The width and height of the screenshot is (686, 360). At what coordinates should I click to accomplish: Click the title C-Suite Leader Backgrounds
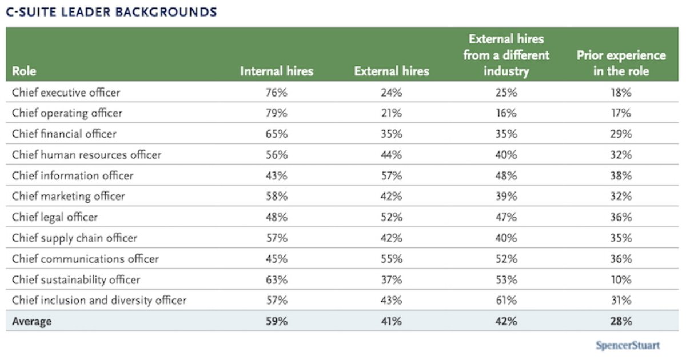[111, 11]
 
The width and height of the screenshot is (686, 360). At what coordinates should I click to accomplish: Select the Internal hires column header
[277, 71]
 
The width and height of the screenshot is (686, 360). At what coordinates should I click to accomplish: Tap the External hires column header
[391, 71]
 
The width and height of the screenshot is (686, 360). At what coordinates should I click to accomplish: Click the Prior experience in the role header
[621, 63]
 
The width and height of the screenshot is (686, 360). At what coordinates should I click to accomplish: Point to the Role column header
[24, 72]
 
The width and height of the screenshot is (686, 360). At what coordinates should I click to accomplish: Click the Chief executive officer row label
[66, 92]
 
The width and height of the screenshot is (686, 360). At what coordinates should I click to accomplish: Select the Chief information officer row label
[73, 175]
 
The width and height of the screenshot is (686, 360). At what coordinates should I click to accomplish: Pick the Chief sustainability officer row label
[76, 279]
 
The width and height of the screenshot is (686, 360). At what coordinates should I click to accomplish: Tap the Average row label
[31, 321]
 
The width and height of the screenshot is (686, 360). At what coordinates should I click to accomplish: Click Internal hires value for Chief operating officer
[277, 113]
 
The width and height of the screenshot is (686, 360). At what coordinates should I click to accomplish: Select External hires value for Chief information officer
[391, 175]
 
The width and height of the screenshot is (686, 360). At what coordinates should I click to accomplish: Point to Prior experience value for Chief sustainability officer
[621, 279]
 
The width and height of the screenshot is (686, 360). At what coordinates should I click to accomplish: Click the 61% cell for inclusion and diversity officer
[506, 300]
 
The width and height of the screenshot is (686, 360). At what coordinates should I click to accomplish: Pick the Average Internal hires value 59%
[277, 321]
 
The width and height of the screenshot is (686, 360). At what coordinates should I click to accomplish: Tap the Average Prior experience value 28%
[621, 321]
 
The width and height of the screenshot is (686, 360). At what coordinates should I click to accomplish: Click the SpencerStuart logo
[628, 345]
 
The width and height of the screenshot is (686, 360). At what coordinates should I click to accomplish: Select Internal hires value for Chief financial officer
[277, 134]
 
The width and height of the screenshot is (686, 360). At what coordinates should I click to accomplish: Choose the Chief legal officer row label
[55, 217]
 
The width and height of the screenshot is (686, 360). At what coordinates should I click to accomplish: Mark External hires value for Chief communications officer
[391, 259]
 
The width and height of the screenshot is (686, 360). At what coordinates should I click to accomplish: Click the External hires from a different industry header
[506, 55]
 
